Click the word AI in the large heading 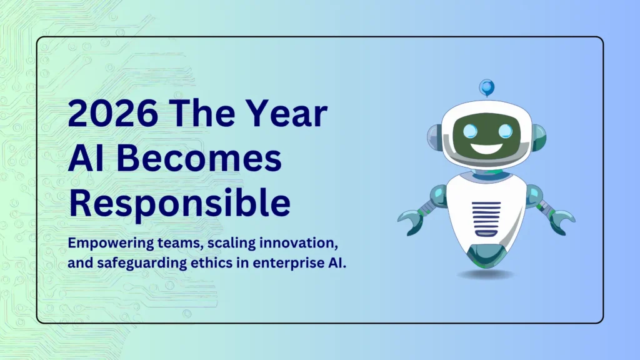click(x=88, y=159)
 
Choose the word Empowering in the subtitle click(x=102, y=242)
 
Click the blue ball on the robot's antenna click(x=486, y=87)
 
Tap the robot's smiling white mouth click(x=487, y=150)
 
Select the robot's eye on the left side click(x=468, y=131)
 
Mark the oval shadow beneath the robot click(x=486, y=274)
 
